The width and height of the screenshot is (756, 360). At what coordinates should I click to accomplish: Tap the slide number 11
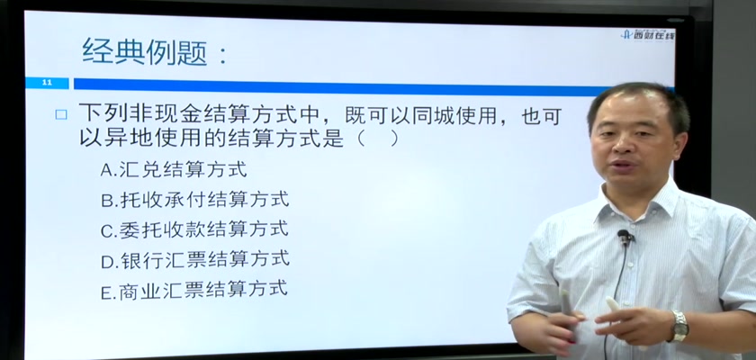pyautogui.click(x=47, y=83)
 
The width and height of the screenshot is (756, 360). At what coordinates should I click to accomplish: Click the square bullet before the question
pyautogui.click(x=61, y=114)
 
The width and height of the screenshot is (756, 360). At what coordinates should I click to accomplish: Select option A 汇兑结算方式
pyautogui.click(x=174, y=169)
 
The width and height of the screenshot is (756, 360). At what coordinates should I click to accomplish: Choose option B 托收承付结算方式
pyautogui.click(x=194, y=200)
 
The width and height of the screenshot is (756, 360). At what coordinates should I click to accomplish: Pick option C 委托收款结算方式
pyautogui.click(x=194, y=229)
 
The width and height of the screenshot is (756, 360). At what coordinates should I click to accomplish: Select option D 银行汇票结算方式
pyautogui.click(x=194, y=260)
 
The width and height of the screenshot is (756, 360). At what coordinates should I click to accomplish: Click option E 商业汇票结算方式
pyautogui.click(x=194, y=290)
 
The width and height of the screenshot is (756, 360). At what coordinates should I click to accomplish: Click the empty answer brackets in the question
pyautogui.click(x=377, y=139)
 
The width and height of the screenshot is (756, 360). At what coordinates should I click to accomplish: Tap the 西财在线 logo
pyautogui.click(x=649, y=34)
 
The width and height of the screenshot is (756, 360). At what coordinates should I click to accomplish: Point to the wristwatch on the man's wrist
pyautogui.click(x=679, y=326)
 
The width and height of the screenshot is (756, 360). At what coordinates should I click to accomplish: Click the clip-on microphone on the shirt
pyautogui.click(x=625, y=236)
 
